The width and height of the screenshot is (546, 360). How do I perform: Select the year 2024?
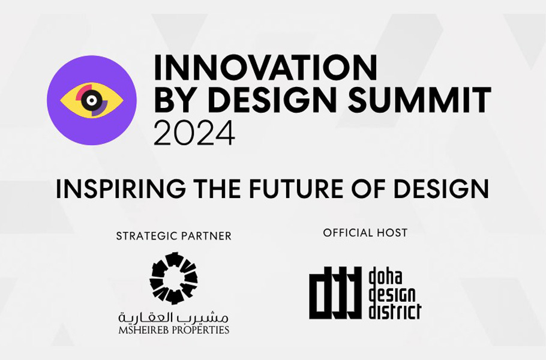tap(194, 133)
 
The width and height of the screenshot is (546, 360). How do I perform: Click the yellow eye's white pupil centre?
tap(92, 101)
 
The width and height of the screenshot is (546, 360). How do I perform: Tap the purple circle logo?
tap(92, 100)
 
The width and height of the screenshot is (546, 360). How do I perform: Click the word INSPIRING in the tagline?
tap(121, 188)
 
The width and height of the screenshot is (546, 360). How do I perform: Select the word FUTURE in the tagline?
tap(295, 188)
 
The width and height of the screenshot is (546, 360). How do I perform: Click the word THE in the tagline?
tap(217, 188)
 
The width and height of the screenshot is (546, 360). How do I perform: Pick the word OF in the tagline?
tap(367, 188)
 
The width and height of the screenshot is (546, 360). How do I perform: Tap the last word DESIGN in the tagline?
tap(441, 188)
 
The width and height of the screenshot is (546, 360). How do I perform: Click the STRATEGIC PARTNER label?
tap(174, 236)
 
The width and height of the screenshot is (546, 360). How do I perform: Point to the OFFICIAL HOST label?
tap(365, 233)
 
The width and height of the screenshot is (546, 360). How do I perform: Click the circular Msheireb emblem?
tap(173, 278)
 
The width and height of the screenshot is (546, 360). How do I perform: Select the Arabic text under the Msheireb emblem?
tap(173, 317)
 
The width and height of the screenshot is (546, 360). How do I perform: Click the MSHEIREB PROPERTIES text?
tap(174, 330)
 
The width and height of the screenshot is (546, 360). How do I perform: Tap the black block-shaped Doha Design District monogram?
tap(335, 293)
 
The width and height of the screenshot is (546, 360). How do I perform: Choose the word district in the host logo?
tap(395, 311)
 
